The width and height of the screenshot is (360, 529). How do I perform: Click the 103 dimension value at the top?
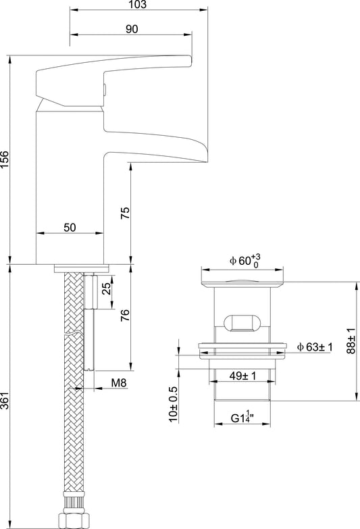pyautogui.click(x=138, y=4)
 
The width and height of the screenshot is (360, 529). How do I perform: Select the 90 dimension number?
pyautogui.click(x=132, y=29)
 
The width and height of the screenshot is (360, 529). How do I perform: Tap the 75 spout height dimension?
pyautogui.click(x=125, y=213)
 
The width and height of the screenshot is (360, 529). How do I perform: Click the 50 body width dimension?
pyautogui.click(x=70, y=228)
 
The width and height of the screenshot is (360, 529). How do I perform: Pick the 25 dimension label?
pyautogui.click(x=107, y=288)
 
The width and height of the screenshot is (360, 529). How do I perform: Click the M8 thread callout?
pyautogui.click(x=119, y=382)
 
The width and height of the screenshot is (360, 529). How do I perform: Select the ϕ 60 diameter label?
pyautogui.click(x=245, y=261)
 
